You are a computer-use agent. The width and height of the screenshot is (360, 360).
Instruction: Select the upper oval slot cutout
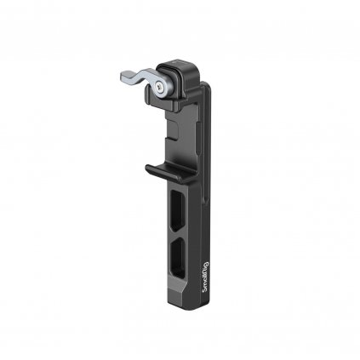(x=178, y=208)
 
